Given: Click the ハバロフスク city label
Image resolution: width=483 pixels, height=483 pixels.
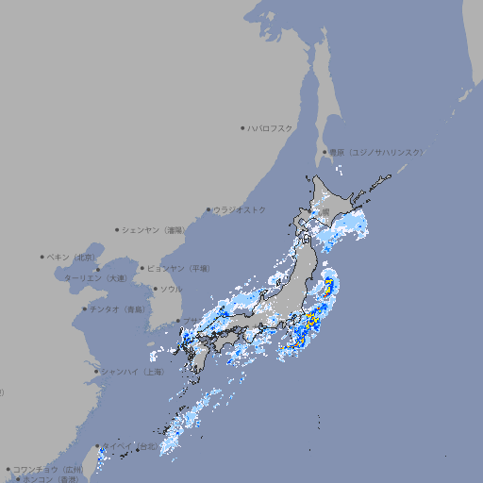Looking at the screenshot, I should coord(271,127).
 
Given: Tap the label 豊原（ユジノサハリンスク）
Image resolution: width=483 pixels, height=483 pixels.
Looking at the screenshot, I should coord(376,152).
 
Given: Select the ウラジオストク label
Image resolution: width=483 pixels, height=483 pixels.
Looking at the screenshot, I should coord(240,209).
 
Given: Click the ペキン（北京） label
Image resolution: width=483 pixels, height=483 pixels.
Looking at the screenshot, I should coord(72,257).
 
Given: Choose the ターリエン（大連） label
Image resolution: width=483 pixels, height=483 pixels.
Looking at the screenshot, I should coord(95,278).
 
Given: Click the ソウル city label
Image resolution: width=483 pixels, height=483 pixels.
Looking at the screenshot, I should coord(171,290).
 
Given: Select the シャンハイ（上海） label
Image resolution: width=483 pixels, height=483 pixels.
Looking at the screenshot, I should coord(132,372).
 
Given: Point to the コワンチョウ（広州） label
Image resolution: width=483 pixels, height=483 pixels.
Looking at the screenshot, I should coord(47,469).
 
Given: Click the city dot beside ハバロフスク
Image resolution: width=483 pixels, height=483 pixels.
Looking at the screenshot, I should coord(242,127).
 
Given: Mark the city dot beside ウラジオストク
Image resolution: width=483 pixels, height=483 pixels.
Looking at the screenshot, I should coord(208,209).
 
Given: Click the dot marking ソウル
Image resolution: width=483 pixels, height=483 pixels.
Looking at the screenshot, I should coord(154,290).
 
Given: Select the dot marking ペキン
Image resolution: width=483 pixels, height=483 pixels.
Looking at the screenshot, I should coord(42,257).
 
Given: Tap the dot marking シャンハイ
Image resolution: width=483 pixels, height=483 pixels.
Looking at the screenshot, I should coord(96,372).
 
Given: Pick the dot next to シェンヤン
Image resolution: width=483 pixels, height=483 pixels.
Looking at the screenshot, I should coord(118,229).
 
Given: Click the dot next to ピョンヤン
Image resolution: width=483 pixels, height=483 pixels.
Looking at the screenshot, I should coord(143,268).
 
